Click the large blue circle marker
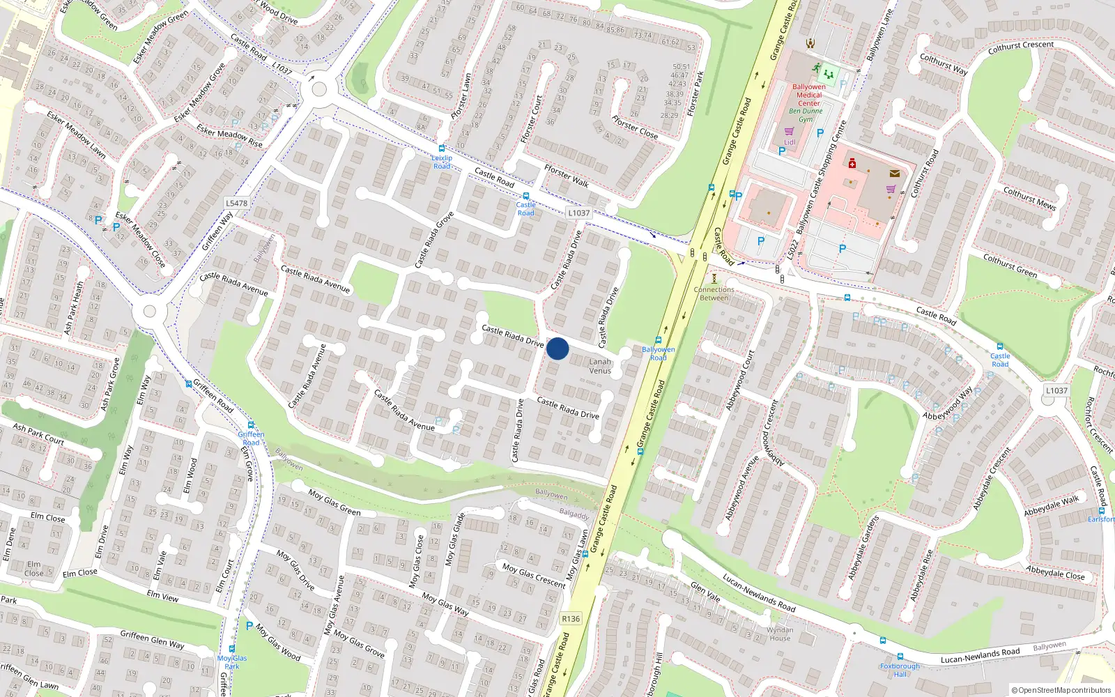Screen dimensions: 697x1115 (557, 348)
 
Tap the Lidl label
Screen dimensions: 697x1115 (790, 142)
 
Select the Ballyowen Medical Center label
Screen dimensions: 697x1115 (809, 95)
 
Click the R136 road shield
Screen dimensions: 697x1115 (571, 619)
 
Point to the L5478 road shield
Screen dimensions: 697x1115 (236, 204)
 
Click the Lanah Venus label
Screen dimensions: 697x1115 (600, 366)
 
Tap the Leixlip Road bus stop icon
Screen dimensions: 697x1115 (441, 148)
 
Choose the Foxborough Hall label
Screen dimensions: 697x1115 (900, 670)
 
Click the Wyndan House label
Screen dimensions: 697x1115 (780, 634)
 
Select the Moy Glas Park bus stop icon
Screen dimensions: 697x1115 (232, 649)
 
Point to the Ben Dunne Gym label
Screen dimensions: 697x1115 (806, 115)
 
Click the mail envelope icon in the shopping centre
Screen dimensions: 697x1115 (895, 174)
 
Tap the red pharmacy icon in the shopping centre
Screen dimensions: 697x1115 (852, 163)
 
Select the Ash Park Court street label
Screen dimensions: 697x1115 (38, 434)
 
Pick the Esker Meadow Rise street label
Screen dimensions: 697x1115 (229, 136)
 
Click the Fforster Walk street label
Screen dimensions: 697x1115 (567, 176)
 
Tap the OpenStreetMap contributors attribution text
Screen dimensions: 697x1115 (1061, 690)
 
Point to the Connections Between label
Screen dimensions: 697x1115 (714, 293)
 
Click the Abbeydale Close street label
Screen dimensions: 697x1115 (1055, 572)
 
